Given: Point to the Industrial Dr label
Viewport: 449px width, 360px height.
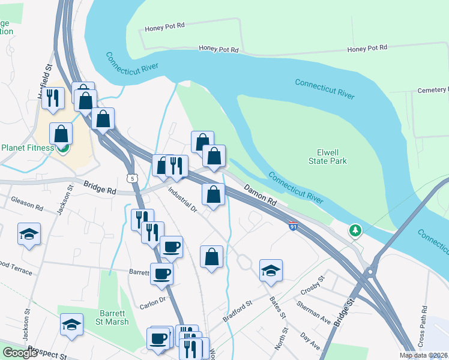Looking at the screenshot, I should click(x=182, y=200).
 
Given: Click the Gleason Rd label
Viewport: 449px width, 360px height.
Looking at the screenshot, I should click(x=27, y=208).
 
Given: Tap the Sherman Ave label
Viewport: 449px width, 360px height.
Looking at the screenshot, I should click(x=313, y=313).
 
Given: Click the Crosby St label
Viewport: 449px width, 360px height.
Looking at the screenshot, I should click(x=312, y=285).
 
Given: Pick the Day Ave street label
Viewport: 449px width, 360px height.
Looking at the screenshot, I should click(x=310, y=341).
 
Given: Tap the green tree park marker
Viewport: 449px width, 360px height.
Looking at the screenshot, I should click(x=355, y=230).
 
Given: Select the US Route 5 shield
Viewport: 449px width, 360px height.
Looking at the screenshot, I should click(x=131, y=178).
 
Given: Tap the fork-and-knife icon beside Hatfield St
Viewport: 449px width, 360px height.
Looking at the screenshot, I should click(x=53, y=98).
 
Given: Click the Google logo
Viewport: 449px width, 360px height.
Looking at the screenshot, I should click(x=20, y=353).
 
